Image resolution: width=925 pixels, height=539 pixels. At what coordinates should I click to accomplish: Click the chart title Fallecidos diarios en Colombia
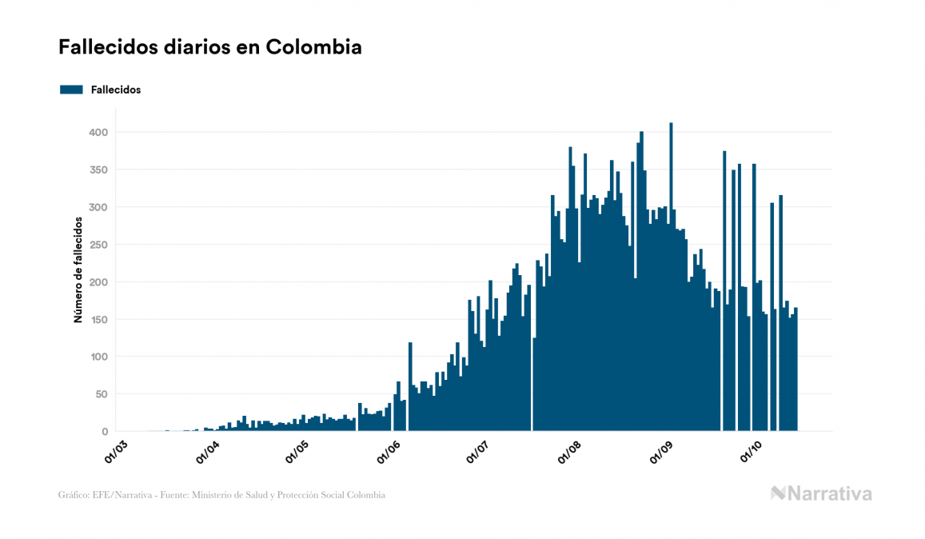click(209, 47)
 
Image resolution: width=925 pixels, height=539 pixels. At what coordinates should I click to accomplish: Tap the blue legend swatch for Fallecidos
click(71, 90)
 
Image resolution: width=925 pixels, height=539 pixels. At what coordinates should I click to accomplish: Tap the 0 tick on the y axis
click(104, 432)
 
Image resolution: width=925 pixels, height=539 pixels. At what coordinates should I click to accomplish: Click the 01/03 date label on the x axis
click(117, 451)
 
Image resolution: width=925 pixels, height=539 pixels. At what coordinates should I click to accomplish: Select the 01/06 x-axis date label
click(387, 451)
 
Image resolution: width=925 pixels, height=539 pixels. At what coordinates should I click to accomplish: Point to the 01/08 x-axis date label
click(569, 451)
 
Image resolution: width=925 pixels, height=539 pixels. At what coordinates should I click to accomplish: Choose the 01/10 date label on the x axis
click(750, 451)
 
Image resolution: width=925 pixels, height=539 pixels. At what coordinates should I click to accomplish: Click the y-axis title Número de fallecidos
click(78, 269)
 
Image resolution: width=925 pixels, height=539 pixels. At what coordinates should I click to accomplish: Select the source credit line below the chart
click(221, 495)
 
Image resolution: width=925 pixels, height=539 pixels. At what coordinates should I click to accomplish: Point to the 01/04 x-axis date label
click(207, 451)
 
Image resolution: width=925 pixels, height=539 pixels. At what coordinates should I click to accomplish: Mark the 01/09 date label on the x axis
click(660, 451)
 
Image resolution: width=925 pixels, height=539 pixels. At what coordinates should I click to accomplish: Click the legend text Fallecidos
click(116, 90)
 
